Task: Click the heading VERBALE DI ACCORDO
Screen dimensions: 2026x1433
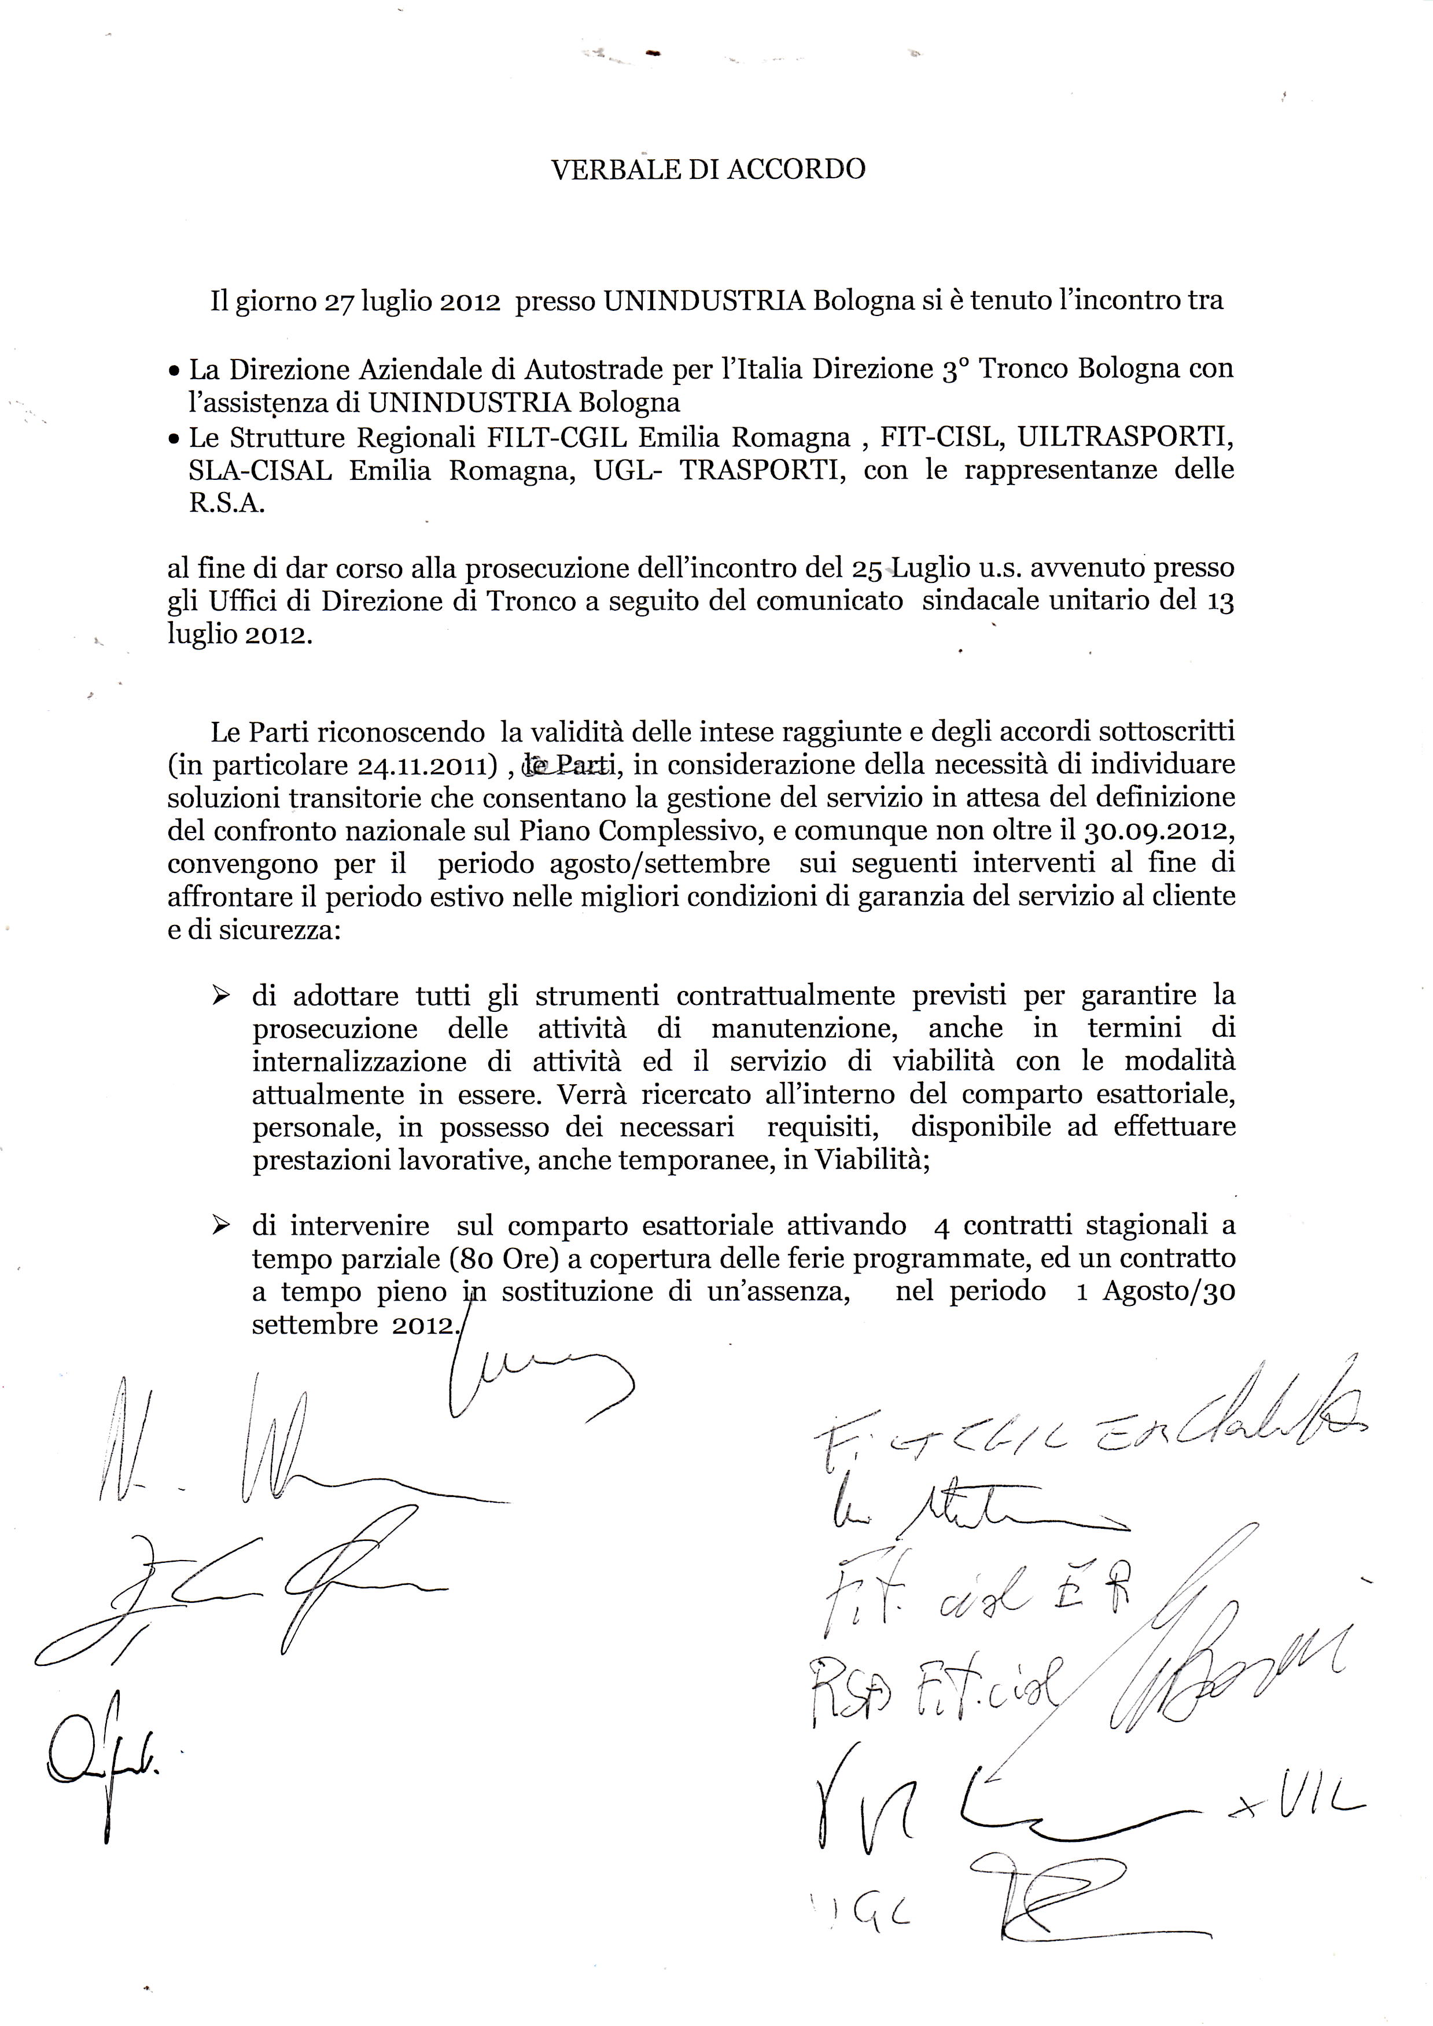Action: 708,170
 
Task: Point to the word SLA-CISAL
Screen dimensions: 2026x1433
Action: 260,471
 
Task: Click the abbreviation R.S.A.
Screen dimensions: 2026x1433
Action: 215,505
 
